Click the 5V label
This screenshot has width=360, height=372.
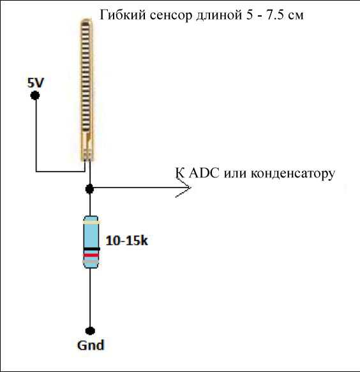(36, 83)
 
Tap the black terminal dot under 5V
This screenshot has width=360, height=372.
(35, 95)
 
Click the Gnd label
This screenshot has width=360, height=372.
(91, 345)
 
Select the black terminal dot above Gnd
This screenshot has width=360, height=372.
(90, 331)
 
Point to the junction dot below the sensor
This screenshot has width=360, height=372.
(89, 189)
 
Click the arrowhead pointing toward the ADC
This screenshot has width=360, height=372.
(183, 188)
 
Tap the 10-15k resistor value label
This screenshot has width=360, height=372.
(127, 241)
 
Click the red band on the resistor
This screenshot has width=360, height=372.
(91, 255)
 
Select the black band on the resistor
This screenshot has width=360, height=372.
(91, 249)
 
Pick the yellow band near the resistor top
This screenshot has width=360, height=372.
(91, 222)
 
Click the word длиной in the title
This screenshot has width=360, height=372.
(218, 16)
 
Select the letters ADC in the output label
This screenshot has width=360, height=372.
(204, 173)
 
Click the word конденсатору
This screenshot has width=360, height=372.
(293, 174)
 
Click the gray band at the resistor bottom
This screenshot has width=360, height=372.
(91, 261)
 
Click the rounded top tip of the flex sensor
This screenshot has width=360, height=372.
(86, 21)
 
